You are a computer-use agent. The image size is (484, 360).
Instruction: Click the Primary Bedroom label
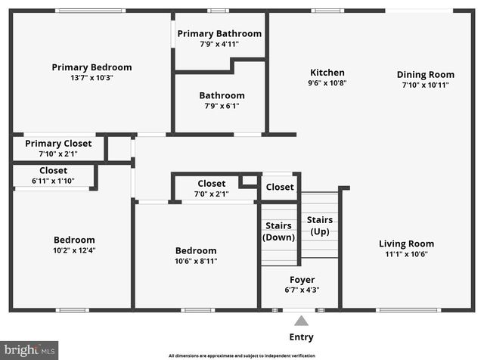(92, 67)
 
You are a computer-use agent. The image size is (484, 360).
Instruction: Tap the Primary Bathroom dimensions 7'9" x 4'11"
(219, 44)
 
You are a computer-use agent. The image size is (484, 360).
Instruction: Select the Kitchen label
(327, 73)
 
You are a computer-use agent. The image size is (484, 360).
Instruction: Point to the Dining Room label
(426, 74)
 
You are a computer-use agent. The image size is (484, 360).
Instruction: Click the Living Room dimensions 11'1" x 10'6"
(406, 254)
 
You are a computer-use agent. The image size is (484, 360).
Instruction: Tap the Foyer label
(302, 280)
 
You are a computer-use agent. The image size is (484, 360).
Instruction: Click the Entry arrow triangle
(301, 321)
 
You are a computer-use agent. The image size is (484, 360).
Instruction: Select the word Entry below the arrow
(301, 337)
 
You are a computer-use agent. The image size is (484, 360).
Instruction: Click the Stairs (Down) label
(278, 231)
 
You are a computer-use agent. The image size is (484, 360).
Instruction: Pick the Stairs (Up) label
(319, 225)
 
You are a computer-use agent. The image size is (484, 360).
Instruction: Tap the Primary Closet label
(58, 143)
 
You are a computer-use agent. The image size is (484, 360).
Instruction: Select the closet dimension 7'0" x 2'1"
(211, 194)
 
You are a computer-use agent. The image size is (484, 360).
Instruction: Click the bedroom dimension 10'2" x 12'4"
(73, 250)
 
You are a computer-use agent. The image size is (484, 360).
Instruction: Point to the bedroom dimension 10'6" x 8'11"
(196, 261)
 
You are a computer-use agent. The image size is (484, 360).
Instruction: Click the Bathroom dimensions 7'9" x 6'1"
(222, 106)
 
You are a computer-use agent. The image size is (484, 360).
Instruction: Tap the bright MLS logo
(29, 349)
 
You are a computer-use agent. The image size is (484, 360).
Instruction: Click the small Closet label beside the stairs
(280, 187)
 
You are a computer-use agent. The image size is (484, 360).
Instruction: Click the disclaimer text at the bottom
(241, 355)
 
